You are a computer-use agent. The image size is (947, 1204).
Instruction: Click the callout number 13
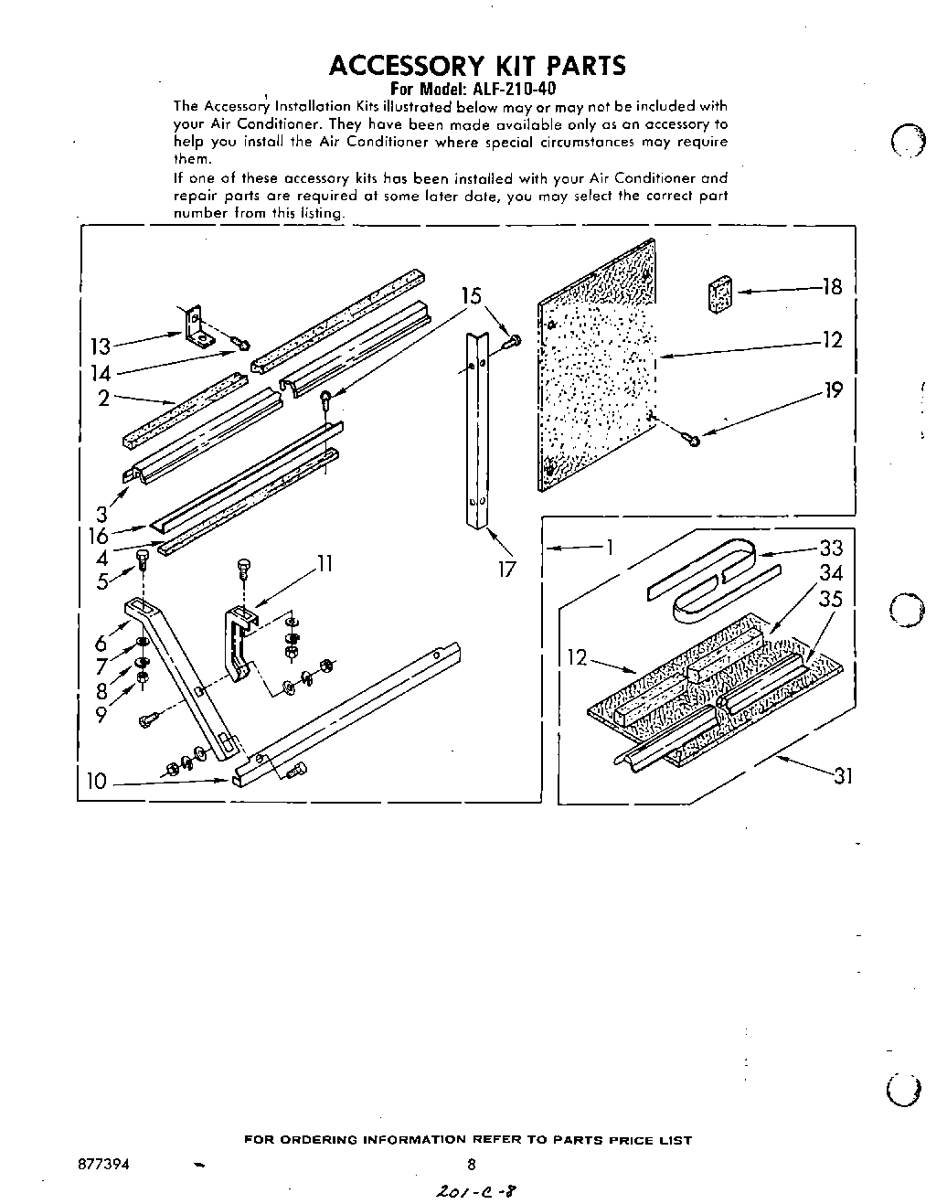pyautogui.click(x=100, y=346)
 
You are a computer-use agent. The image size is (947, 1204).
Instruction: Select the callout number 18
pyautogui.click(x=832, y=287)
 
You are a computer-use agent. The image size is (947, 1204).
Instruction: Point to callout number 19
pyautogui.click(x=833, y=390)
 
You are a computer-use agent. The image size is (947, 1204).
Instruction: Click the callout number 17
pyautogui.click(x=506, y=570)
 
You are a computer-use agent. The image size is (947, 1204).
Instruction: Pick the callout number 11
pyautogui.click(x=323, y=564)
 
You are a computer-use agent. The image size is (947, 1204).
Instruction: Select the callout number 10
pyautogui.click(x=97, y=782)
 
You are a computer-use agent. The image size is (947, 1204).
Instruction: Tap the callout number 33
pyautogui.click(x=831, y=549)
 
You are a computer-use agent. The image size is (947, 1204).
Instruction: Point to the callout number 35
pyautogui.click(x=831, y=601)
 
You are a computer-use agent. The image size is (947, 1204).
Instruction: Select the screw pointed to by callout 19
pyautogui.click(x=692, y=442)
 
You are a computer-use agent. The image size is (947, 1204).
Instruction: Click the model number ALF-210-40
pyautogui.click(x=513, y=90)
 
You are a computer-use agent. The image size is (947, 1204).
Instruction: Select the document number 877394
pyautogui.click(x=101, y=1165)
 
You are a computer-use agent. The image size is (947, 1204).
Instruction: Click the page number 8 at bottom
pyautogui.click(x=471, y=1165)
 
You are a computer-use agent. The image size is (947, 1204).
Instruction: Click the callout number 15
pyautogui.click(x=471, y=296)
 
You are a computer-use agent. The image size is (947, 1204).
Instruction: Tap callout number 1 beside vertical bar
pyautogui.click(x=608, y=548)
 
